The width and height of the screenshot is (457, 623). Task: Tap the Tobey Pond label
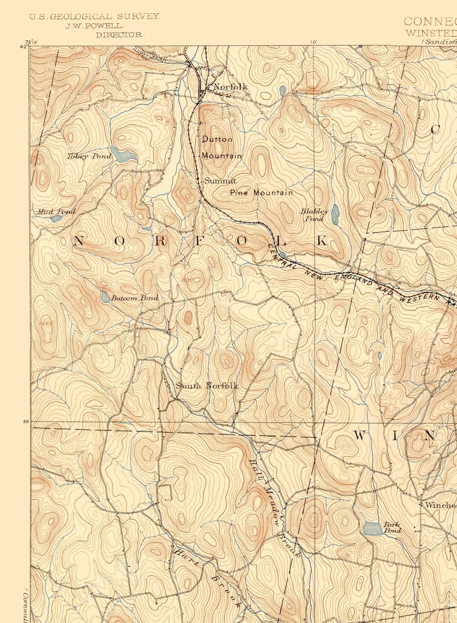point(89,156)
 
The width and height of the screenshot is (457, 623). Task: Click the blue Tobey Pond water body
point(122,155)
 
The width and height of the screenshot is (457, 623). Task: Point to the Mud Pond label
point(56,212)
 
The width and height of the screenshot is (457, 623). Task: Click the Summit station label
point(220,181)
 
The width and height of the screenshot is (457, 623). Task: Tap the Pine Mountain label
point(261,193)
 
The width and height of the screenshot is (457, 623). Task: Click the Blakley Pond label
point(314,215)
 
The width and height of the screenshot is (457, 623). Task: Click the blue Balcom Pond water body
point(105,298)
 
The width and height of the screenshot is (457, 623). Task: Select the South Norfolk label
point(207,386)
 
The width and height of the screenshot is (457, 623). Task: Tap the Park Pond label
point(392,527)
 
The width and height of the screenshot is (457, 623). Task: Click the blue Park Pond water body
point(372,528)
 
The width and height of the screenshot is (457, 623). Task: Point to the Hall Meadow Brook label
point(274,507)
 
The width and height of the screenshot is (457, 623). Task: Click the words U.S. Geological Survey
point(95,16)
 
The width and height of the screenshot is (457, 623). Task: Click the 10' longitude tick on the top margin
point(314,42)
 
